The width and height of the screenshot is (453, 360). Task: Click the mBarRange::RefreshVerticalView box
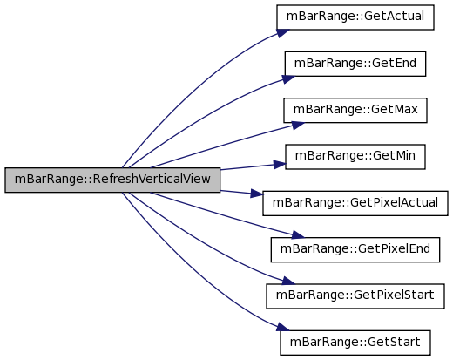(x=112, y=180)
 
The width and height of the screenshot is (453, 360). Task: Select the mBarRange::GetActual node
(x=355, y=17)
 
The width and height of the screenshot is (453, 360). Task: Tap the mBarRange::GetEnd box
(x=355, y=64)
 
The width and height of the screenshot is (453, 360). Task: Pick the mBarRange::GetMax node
(x=355, y=111)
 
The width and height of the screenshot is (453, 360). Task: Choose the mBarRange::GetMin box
(x=355, y=157)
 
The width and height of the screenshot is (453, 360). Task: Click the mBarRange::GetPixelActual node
(x=355, y=203)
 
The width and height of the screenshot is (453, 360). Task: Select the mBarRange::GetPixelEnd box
(x=355, y=250)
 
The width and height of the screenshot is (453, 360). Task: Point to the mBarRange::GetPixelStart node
(x=355, y=296)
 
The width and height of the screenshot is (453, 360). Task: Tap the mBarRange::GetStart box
(x=355, y=343)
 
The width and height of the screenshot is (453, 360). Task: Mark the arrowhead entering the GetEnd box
(x=288, y=79)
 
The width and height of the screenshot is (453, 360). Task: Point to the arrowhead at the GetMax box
(x=298, y=125)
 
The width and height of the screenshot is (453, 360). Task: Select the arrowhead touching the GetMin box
(x=280, y=165)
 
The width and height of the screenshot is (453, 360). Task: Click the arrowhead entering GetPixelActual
(x=257, y=194)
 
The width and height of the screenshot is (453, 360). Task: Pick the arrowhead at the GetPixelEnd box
(x=298, y=234)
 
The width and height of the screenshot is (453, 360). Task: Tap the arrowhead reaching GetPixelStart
(x=288, y=281)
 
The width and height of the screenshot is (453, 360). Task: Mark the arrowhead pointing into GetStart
(x=283, y=327)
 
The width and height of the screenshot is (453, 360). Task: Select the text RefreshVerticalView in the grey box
(x=152, y=179)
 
